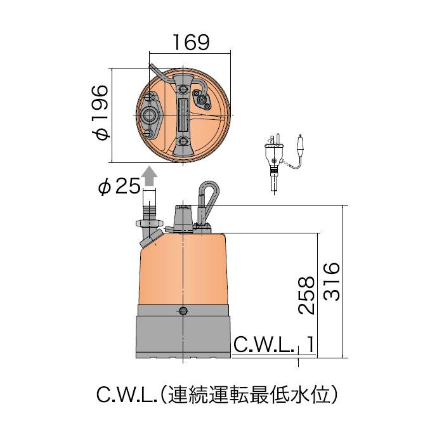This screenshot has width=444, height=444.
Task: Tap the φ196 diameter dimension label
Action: pyautogui.click(x=101, y=112)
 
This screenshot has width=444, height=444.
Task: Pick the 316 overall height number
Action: pyautogui.click(x=332, y=282)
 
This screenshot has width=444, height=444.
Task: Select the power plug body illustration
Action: pyautogui.click(x=275, y=155)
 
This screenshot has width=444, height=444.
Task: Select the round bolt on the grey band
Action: pyautogui.click(x=183, y=310)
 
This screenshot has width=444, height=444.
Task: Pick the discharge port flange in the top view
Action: pyautogui.click(x=152, y=115)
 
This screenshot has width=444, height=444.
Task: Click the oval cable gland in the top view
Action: pyautogui.click(x=204, y=99)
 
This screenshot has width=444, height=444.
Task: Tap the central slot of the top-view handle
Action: pyautogui.click(x=183, y=114)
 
